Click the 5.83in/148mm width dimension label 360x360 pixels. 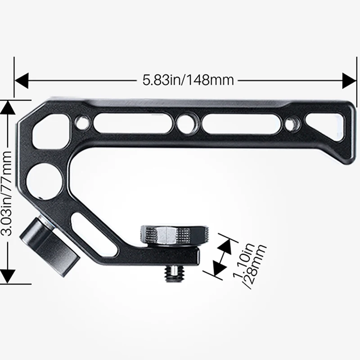188,81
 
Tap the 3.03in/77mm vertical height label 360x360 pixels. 8,193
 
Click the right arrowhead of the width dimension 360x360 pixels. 349,81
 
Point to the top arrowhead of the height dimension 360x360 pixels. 8,107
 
